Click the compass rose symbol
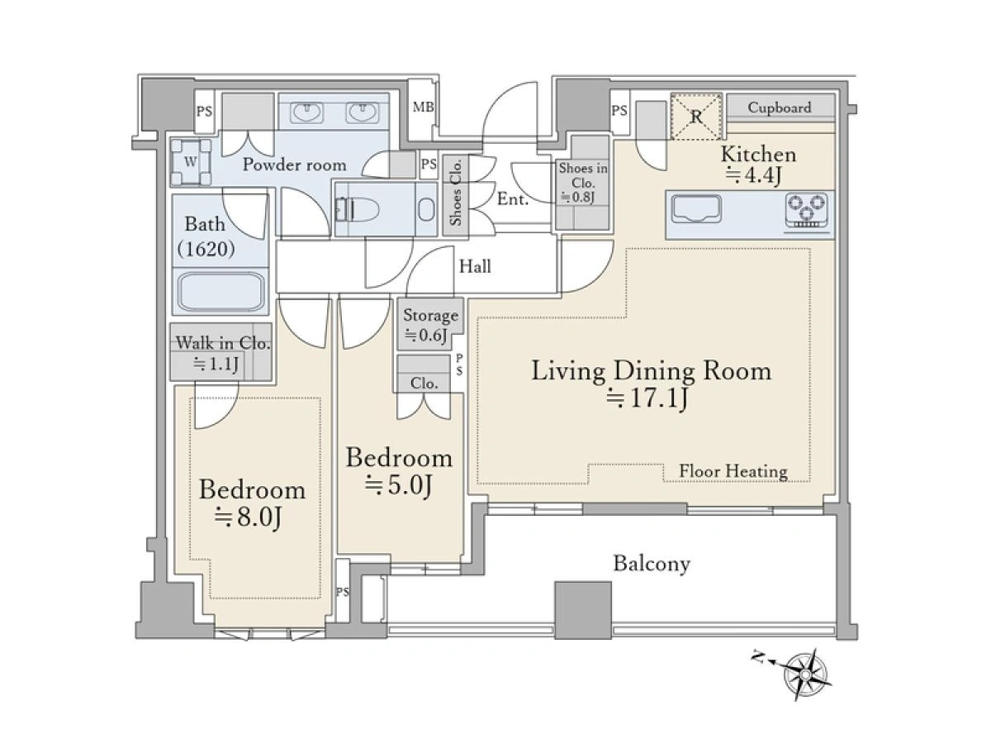point(806,674)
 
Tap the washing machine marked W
point(191,163)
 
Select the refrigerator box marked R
point(696,116)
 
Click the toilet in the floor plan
point(358,209)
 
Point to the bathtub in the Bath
point(220,291)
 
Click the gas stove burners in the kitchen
point(807,210)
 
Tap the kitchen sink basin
point(695,208)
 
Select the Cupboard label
point(780,107)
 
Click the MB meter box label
point(423,107)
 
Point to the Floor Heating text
point(733,471)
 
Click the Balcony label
point(652,565)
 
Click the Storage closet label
point(430,315)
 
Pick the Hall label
point(475,266)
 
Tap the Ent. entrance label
point(513,198)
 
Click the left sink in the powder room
point(306,113)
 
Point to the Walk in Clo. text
point(223,343)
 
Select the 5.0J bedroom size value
point(398,485)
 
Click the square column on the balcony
point(583,610)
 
